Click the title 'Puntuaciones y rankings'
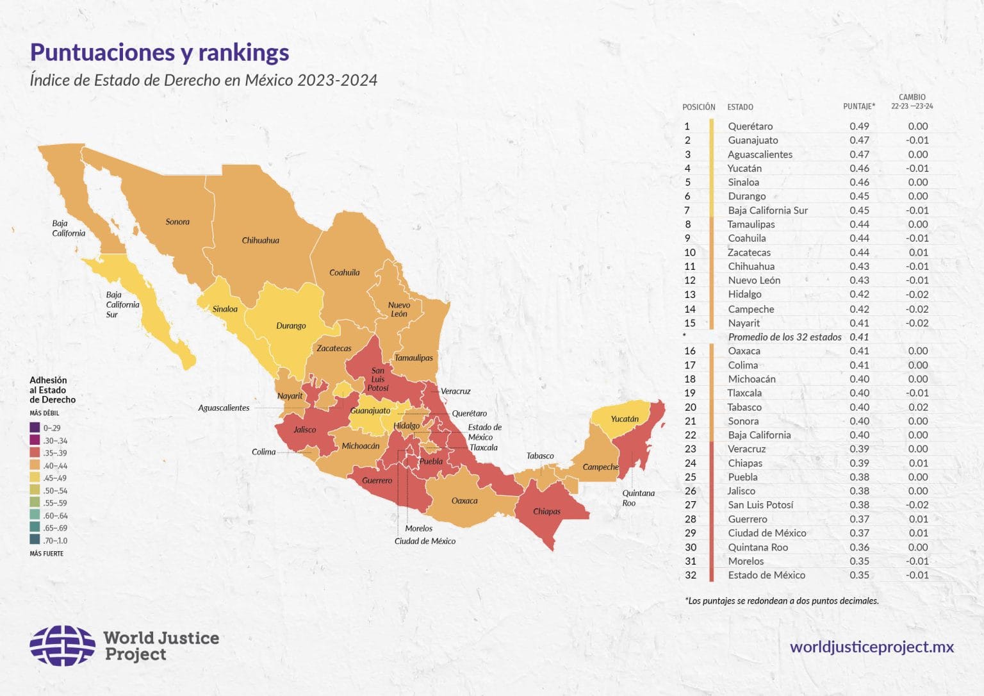click(x=160, y=52)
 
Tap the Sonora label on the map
click(x=177, y=222)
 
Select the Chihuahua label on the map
click(x=260, y=240)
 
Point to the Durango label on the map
click(x=291, y=326)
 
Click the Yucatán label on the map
click(x=624, y=419)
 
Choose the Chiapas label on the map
click(x=546, y=511)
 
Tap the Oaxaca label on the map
click(x=464, y=501)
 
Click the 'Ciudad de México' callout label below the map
click(x=425, y=541)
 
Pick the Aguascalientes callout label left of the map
click(x=224, y=408)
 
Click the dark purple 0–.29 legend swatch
click(x=35, y=427)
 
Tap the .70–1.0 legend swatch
click(x=35, y=540)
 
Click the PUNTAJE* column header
click(x=858, y=106)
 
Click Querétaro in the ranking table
click(x=750, y=126)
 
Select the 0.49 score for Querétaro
click(x=859, y=126)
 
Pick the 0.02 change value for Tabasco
click(x=918, y=407)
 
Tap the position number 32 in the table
click(x=690, y=575)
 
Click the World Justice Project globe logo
click(x=62, y=645)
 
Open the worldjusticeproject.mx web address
click(x=871, y=647)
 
